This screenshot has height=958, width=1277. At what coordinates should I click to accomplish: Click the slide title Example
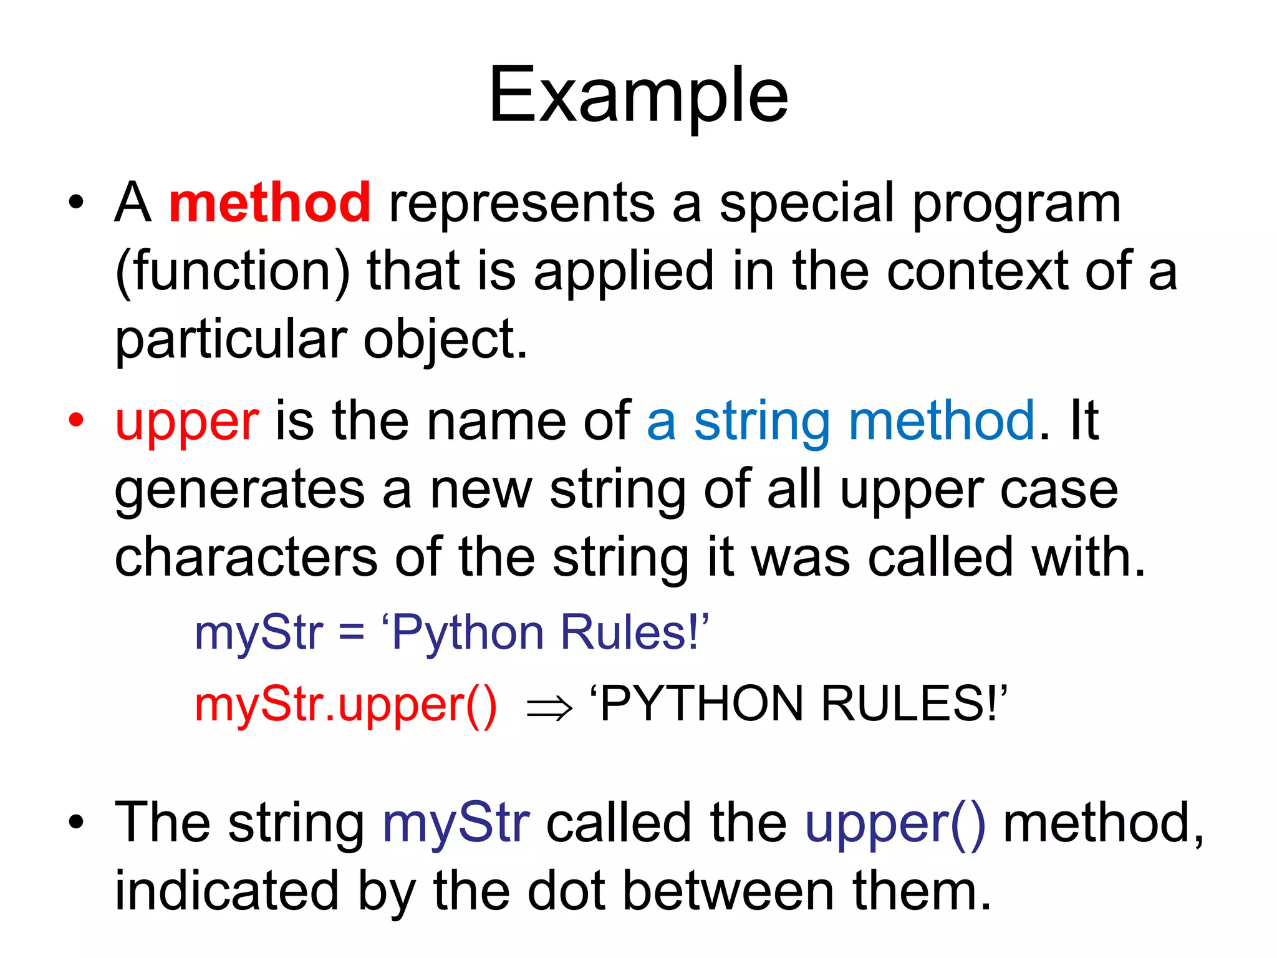pos(638,97)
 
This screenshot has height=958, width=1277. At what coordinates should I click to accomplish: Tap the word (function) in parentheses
pos(233,272)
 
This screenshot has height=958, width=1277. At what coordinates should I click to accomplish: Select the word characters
pos(246,557)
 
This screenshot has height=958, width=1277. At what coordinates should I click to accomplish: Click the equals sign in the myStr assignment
pos(352,632)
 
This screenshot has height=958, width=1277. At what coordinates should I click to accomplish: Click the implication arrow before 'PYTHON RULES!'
pos(549,708)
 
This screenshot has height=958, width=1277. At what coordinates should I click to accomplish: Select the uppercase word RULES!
pos(911,704)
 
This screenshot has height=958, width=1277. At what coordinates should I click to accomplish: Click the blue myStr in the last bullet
pos(456,824)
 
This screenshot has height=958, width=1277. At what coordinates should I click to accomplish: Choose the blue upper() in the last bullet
pos(895,824)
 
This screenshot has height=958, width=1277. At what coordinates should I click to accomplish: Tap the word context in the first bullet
pos(977,272)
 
